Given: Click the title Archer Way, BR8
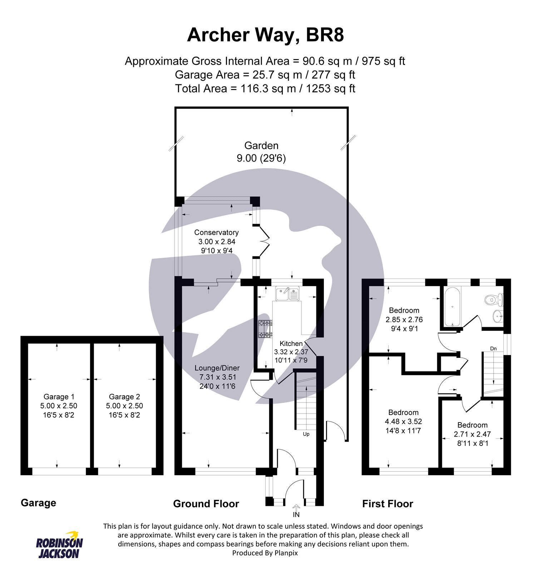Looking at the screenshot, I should [265, 35].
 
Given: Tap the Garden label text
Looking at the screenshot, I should [261, 146].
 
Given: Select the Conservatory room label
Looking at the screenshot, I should [216, 232].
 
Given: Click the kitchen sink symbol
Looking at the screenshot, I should [287, 295].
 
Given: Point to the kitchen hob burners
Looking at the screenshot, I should [265, 329].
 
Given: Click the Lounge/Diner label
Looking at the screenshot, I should [217, 368].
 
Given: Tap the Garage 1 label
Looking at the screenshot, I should [59, 396].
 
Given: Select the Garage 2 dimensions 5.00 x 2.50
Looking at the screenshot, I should [124, 406].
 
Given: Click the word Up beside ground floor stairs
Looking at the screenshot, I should [306, 434].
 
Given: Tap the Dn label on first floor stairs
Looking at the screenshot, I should [493, 348].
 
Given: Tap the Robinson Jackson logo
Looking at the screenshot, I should [59, 545].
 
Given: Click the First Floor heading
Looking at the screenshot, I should [388, 504].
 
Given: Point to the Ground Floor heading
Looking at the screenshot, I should [206, 504].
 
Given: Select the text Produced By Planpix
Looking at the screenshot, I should [265, 553].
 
